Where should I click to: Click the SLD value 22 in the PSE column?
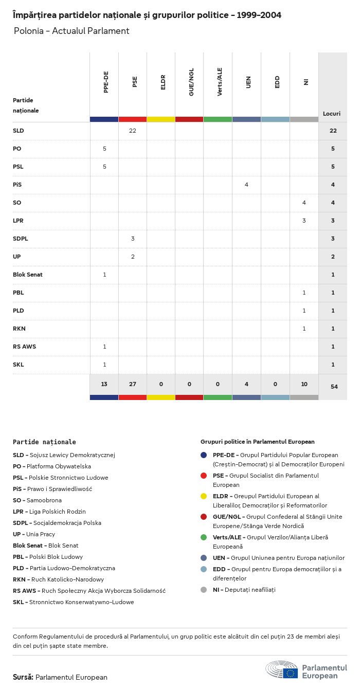click(133, 131)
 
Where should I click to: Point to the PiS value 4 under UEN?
click(246, 185)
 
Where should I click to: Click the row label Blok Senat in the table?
click(28, 275)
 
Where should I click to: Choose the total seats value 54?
click(334, 386)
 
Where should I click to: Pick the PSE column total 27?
click(133, 385)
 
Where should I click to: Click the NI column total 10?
click(304, 385)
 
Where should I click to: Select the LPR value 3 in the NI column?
click(304, 221)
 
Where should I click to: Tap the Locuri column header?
click(332, 114)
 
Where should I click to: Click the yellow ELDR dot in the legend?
click(204, 496)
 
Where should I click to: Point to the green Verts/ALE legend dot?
click(204, 537)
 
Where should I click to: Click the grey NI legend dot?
click(204, 590)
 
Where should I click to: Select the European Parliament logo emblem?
click(282, 670)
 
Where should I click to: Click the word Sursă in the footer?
click(23, 677)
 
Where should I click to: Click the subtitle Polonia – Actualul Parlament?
click(71, 31)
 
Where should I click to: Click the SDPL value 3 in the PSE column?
click(133, 239)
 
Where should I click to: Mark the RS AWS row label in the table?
click(24, 347)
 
